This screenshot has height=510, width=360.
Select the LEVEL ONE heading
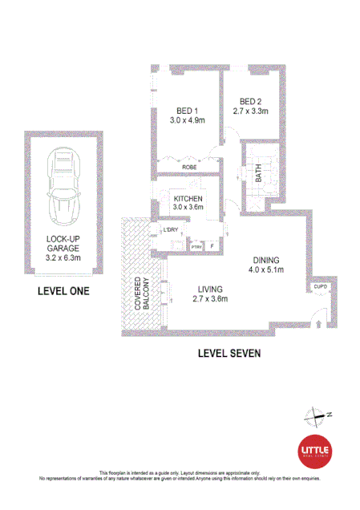click(x=63, y=291)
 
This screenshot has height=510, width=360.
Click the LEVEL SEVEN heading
click(x=228, y=352)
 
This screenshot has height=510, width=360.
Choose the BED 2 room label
click(x=250, y=102)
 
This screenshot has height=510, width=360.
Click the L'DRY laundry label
click(x=170, y=231)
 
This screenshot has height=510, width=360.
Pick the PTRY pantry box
click(x=196, y=246)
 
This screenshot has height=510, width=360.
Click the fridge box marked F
click(x=212, y=246)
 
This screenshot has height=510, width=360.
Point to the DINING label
click(x=266, y=260)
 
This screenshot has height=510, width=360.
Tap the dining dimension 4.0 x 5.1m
click(x=266, y=270)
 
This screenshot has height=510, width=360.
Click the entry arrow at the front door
click(x=319, y=323)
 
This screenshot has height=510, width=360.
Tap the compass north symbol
click(x=315, y=415)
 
